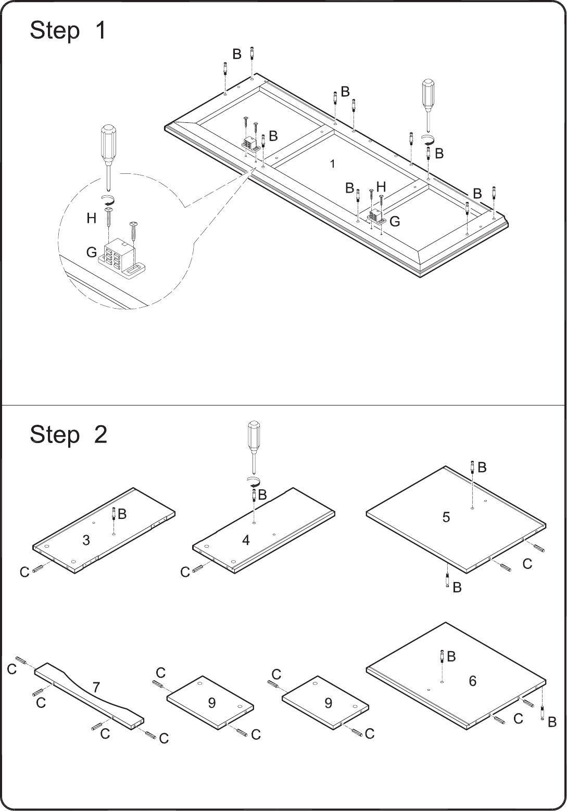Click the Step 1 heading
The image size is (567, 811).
[x=68, y=30]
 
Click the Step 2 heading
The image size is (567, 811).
[x=68, y=435]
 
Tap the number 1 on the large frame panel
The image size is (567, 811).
[x=332, y=164]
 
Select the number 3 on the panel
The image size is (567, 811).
[x=86, y=540]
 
